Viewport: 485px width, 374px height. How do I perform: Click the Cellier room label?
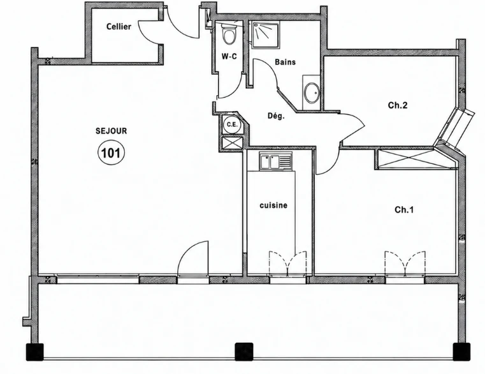[119, 27]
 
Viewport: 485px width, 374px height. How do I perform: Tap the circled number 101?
[111, 153]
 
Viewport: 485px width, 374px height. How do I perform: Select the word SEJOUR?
[112, 131]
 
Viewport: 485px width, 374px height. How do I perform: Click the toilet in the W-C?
[229, 34]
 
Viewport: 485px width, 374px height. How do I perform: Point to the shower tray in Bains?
[265, 34]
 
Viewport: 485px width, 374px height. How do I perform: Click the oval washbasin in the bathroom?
[312, 93]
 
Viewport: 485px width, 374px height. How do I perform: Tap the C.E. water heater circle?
[232, 124]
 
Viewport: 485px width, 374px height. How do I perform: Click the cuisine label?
[273, 206]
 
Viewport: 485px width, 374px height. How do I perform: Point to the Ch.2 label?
[398, 105]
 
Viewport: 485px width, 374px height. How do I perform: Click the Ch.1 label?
[404, 210]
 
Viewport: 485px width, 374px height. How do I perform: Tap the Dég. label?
[276, 116]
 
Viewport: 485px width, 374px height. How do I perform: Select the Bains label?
[285, 62]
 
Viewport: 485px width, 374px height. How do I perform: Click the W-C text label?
[229, 56]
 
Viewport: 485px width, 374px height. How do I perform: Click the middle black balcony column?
[244, 352]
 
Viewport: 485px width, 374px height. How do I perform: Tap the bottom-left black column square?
[34, 352]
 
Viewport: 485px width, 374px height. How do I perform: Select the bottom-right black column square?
[461, 352]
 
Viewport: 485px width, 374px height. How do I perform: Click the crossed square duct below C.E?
[232, 142]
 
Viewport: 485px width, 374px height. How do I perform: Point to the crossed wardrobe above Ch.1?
[416, 159]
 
